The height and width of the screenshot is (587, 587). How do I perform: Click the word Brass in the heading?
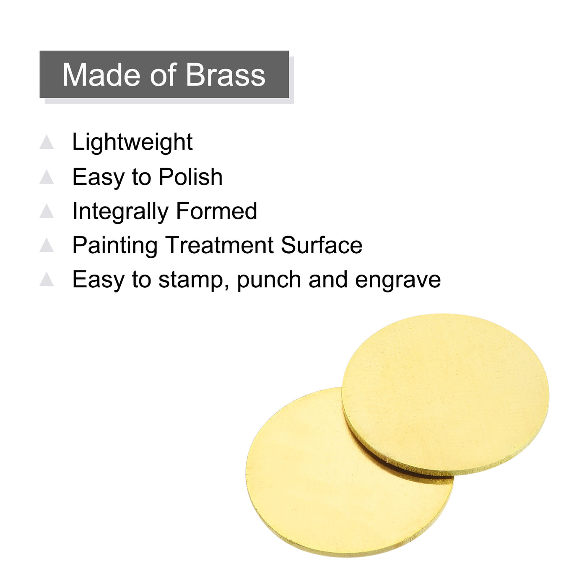tap(226, 75)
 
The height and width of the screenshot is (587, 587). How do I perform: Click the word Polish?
tap(190, 177)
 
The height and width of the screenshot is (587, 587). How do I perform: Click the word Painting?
tap(115, 246)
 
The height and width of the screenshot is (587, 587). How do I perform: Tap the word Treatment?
tap(219, 245)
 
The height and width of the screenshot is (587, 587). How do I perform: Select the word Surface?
tap(321, 245)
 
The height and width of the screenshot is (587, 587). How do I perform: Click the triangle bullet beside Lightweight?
tap(47, 142)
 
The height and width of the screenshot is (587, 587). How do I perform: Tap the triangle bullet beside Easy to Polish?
tap(47, 177)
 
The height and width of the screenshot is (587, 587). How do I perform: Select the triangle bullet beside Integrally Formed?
tap(47, 211)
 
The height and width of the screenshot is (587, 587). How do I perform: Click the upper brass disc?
tap(445, 394)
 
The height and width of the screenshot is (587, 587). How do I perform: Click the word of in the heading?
tap(163, 75)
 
